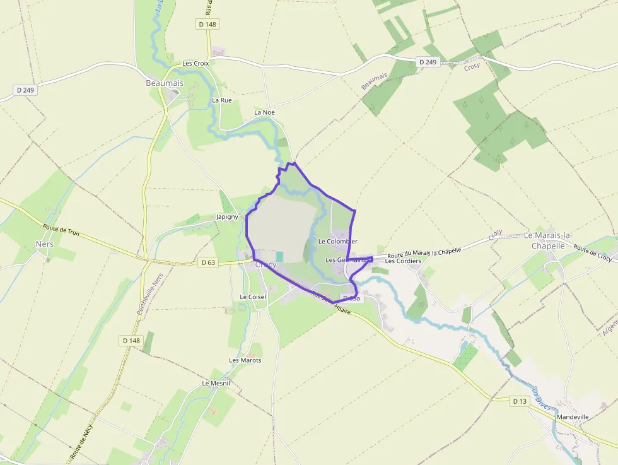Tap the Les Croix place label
(195, 64)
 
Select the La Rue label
(222, 100)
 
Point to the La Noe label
(264, 112)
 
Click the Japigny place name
(227, 217)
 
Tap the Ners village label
(45, 244)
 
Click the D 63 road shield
(207, 262)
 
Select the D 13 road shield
(519, 401)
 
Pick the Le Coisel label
(253, 297)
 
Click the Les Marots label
(245, 360)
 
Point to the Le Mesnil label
(216, 384)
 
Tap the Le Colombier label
(337, 242)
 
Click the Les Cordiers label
(403, 261)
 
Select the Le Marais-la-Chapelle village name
(547, 240)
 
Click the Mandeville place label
(572, 417)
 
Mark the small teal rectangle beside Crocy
(280, 256)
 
